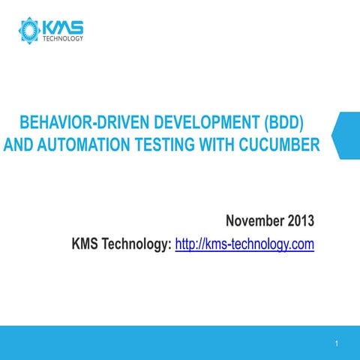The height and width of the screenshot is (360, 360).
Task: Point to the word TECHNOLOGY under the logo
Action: click(62, 38)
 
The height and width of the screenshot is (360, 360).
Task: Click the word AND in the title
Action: click(17, 142)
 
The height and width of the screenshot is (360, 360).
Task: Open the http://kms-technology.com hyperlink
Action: click(244, 244)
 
